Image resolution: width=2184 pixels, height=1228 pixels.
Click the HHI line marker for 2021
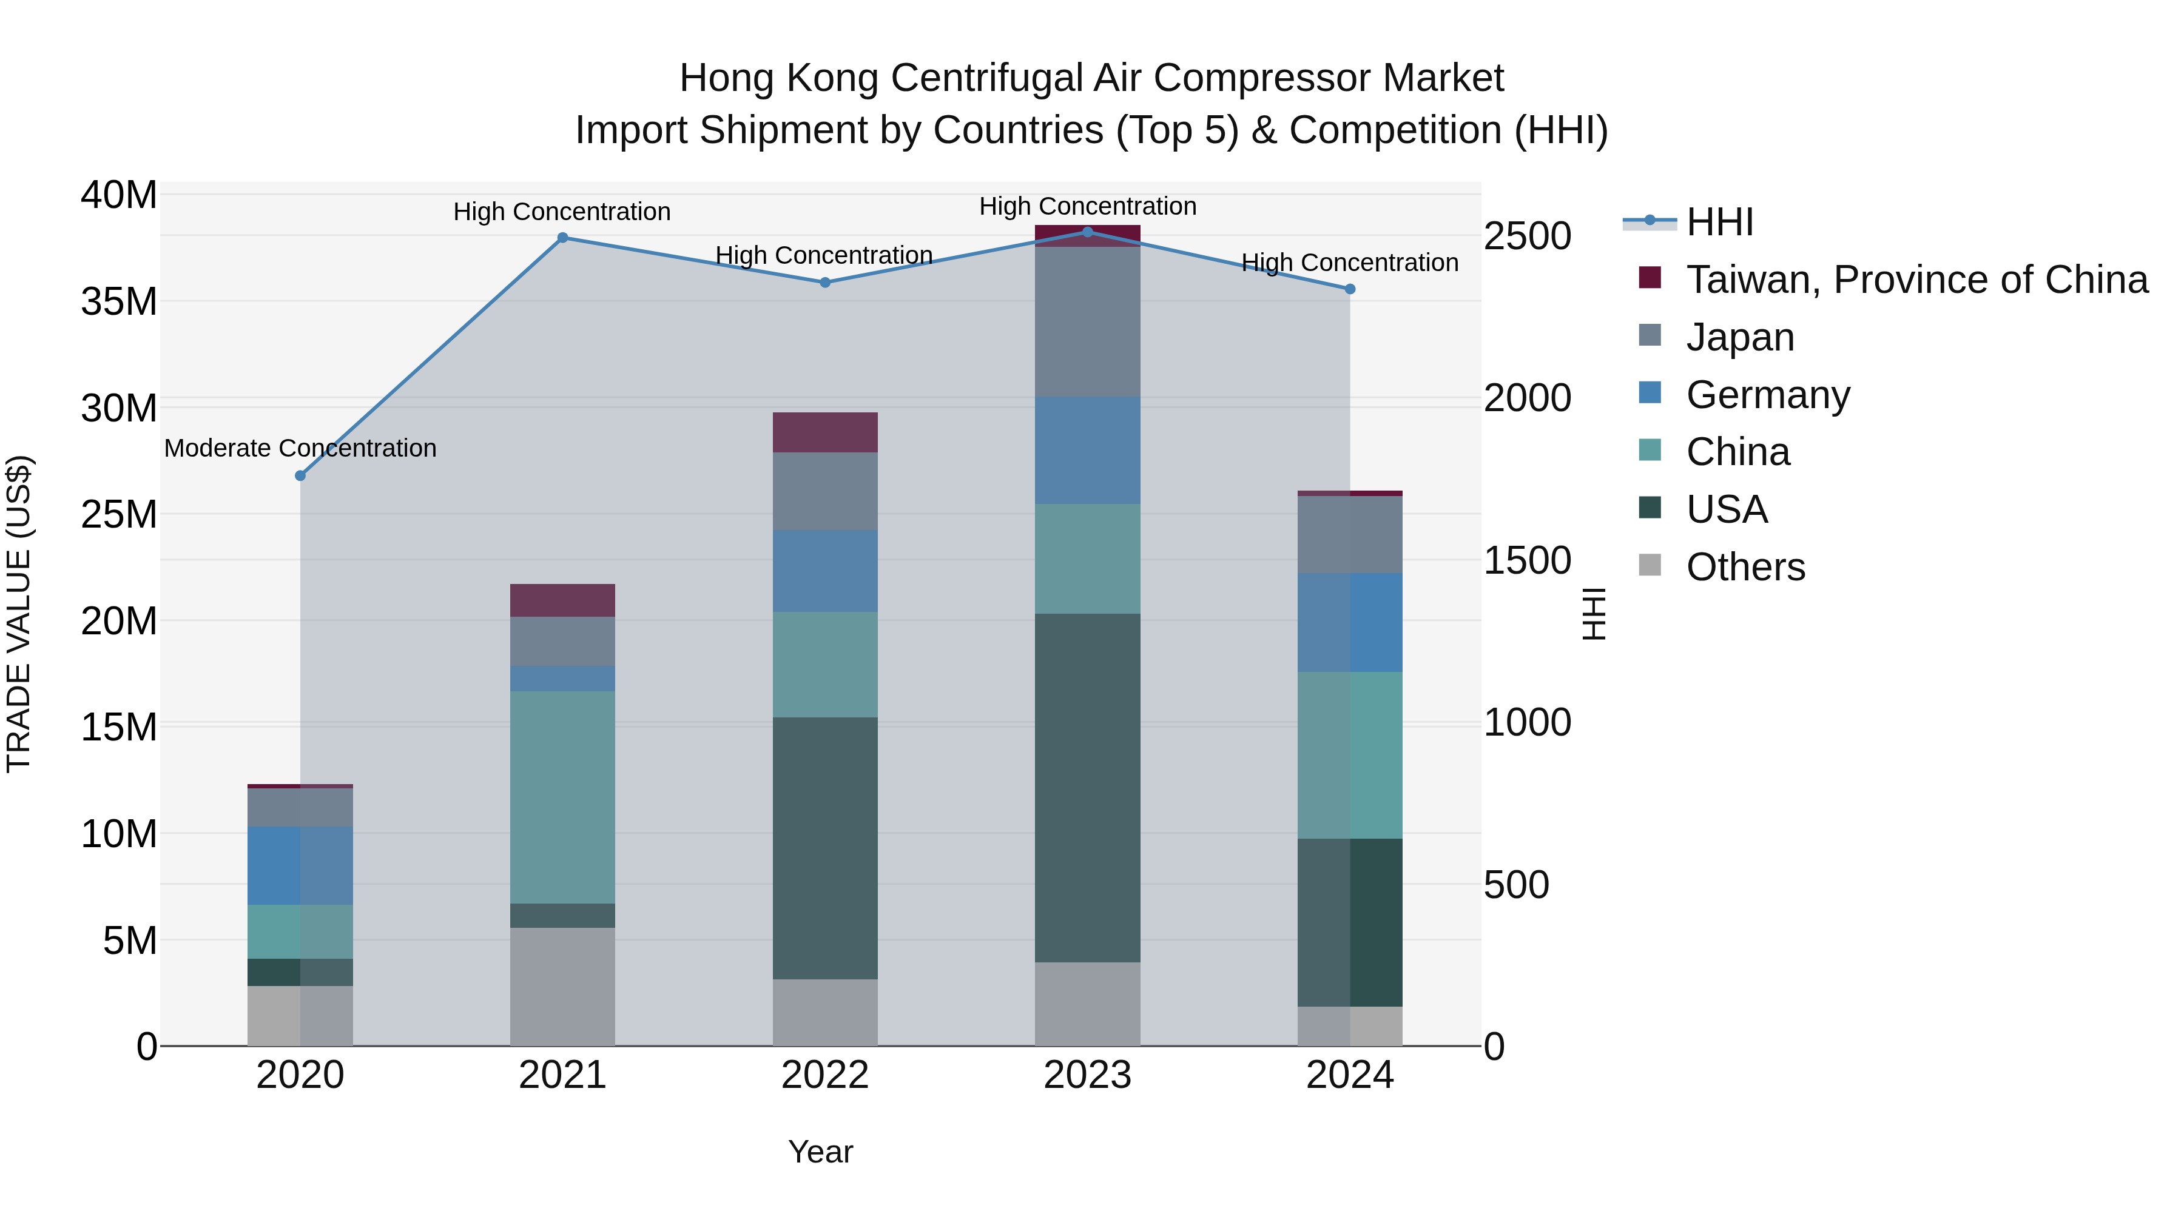(x=562, y=238)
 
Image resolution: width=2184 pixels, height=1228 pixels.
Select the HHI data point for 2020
(x=300, y=476)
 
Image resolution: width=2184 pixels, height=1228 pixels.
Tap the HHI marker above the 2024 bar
(x=1350, y=289)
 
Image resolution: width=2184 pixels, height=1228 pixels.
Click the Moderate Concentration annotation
(x=300, y=448)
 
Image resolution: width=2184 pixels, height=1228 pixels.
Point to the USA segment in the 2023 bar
(x=1087, y=788)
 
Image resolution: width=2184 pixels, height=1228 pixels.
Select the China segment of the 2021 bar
(x=562, y=797)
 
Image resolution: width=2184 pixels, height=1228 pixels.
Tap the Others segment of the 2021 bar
(x=562, y=987)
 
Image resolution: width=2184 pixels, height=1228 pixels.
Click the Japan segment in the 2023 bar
(x=1087, y=322)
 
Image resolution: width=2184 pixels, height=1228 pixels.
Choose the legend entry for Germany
(x=1768, y=395)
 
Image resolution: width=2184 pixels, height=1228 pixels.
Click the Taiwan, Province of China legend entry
(x=1916, y=280)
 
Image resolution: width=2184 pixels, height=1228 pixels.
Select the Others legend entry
(x=1745, y=567)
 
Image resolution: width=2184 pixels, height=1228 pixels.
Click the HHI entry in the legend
(x=1719, y=222)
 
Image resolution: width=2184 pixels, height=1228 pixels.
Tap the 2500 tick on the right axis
(x=1527, y=236)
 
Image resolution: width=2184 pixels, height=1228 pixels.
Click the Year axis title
(x=820, y=1152)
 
